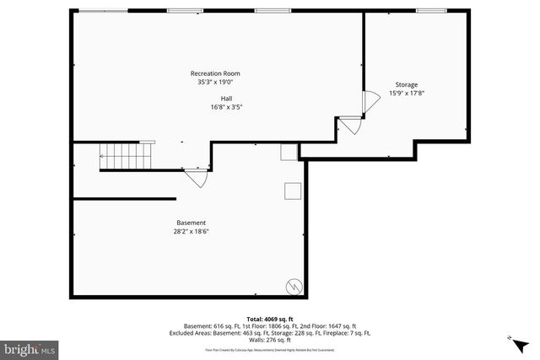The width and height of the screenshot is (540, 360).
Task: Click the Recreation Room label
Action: pyautogui.click(x=215, y=73)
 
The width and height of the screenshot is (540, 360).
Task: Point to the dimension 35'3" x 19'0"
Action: pyautogui.click(x=215, y=82)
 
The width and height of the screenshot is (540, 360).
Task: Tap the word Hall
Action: pyautogui.click(x=215, y=99)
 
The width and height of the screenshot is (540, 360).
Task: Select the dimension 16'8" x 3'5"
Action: pyautogui.click(x=226, y=107)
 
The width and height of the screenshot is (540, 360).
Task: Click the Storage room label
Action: pyautogui.click(x=406, y=84)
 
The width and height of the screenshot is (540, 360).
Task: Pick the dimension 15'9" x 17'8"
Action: pyautogui.click(x=406, y=93)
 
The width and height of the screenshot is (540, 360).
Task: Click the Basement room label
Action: pyautogui.click(x=191, y=223)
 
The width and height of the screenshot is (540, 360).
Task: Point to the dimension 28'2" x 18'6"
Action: pyautogui.click(x=191, y=231)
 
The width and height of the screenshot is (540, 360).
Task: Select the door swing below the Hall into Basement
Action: pyautogui.click(x=195, y=177)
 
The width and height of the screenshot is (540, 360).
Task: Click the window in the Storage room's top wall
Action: pyautogui.click(x=430, y=11)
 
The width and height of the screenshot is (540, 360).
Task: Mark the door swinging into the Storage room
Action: pyautogui.click(x=368, y=102)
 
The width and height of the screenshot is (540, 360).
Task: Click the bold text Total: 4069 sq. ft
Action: pyautogui.click(x=270, y=319)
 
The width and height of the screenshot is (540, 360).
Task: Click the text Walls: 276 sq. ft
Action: pyautogui.click(x=270, y=340)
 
